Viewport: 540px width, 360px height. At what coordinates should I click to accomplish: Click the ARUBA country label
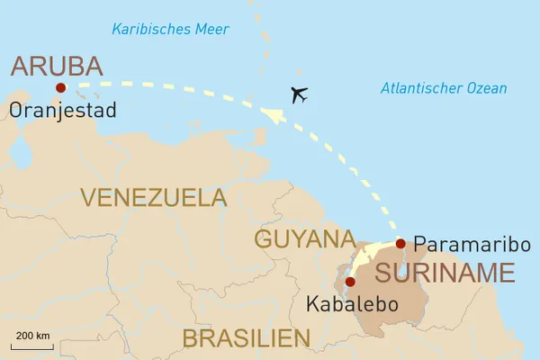pyautogui.click(x=56, y=66)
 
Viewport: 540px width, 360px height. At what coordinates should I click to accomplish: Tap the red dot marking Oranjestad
pyautogui.click(x=60, y=87)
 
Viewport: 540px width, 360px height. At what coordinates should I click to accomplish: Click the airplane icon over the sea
pyautogui.click(x=300, y=94)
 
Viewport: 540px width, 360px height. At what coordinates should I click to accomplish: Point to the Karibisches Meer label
pyautogui.click(x=164, y=30)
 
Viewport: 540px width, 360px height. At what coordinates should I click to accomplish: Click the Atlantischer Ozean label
pyautogui.click(x=443, y=88)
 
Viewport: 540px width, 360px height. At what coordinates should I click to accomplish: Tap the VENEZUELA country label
pyautogui.click(x=153, y=197)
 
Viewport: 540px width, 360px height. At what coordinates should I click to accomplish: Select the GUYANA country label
pyautogui.click(x=304, y=239)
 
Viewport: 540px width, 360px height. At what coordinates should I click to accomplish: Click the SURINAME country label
pyautogui.click(x=444, y=273)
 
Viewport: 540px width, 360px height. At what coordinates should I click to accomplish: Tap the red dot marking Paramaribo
pyautogui.click(x=400, y=243)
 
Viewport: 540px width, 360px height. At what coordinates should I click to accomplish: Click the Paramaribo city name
pyautogui.click(x=472, y=245)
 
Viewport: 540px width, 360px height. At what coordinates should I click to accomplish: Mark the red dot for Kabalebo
pyautogui.click(x=350, y=282)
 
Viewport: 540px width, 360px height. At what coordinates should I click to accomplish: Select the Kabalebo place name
pyautogui.click(x=352, y=304)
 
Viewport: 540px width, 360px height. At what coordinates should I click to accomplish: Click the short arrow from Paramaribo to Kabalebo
pyautogui.click(x=371, y=257)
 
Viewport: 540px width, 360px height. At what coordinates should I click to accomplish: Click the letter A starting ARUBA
pyautogui.click(x=19, y=66)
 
